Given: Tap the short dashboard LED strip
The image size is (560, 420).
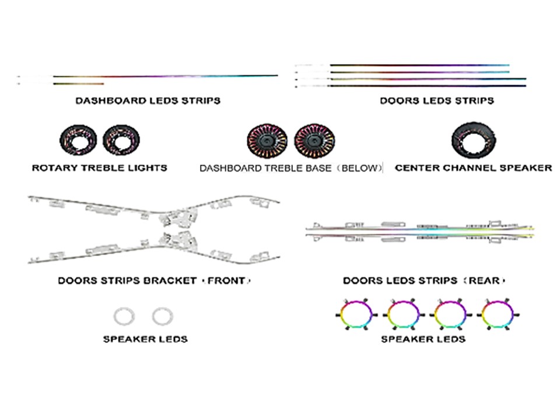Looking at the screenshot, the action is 79,84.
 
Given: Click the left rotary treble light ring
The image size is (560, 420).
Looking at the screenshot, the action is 78,140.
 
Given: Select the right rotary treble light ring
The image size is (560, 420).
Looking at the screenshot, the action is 121,140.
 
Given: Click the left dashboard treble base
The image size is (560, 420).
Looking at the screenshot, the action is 267,141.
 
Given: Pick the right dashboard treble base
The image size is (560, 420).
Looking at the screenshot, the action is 314,141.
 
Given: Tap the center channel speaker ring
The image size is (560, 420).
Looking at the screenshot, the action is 473,140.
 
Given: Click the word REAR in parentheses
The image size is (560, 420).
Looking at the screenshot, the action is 484,281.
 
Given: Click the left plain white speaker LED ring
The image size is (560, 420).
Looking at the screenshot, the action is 124,316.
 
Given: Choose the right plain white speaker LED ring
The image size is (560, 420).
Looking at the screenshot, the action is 163,316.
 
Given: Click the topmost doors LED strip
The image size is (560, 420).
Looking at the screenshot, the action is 419,65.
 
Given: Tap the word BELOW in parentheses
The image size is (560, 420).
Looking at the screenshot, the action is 359,168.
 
